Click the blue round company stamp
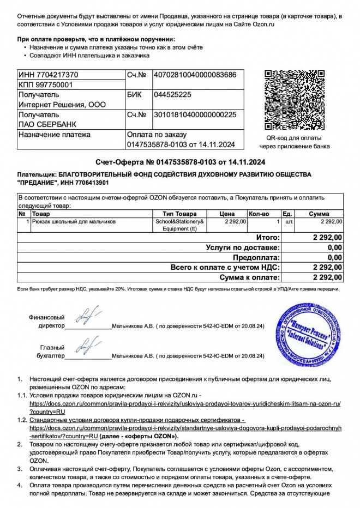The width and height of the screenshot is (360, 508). pyautogui.click(x=309, y=334)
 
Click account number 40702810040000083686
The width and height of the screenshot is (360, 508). pyautogui.click(x=195, y=75)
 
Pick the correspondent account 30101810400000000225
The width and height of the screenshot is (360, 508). pyautogui.click(x=195, y=115)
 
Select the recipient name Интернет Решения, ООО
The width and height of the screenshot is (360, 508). pyautogui.click(x=62, y=105)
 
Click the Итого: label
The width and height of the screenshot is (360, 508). pyautogui.click(x=268, y=238)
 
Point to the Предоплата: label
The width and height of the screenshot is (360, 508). pyautogui.click(x=256, y=257)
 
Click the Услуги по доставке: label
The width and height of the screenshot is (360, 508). pyautogui.click(x=243, y=247)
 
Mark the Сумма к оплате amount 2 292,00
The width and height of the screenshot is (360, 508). pyautogui.click(x=327, y=277)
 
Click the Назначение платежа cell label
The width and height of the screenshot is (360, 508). pyautogui.click(x=55, y=135)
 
